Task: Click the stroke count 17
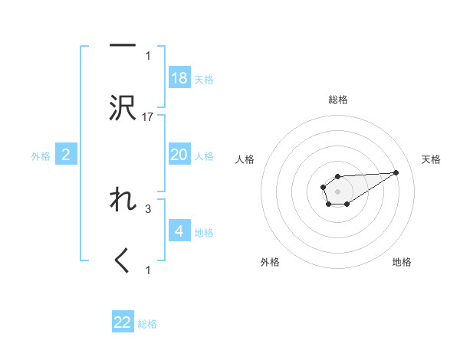click(149, 117)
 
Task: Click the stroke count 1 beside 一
click(149, 55)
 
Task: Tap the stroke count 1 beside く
click(149, 270)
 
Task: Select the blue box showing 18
click(179, 78)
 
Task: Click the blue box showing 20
click(179, 155)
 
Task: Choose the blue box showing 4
click(179, 231)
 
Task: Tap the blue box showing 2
click(66, 155)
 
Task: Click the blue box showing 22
click(123, 322)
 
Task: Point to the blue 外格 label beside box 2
click(41, 156)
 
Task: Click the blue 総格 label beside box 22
click(147, 324)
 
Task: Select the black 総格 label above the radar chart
click(337, 100)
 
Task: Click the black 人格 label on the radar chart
click(245, 159)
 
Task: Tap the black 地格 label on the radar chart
click(402, 262)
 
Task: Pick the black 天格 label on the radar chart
click(431, 159)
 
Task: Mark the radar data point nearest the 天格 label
click(396, 172)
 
